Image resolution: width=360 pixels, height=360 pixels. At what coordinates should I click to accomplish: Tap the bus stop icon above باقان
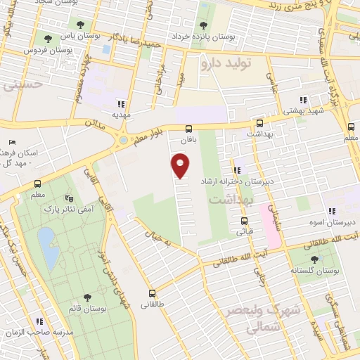188,129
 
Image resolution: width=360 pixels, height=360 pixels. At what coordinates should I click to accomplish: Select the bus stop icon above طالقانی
152,294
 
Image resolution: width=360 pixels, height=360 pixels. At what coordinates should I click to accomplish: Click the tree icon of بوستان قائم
86,297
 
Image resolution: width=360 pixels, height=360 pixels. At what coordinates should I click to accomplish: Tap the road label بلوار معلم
150,129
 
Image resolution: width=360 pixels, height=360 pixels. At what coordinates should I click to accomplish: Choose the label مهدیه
120,112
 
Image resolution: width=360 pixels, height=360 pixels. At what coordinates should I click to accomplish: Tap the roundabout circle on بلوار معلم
124,140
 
